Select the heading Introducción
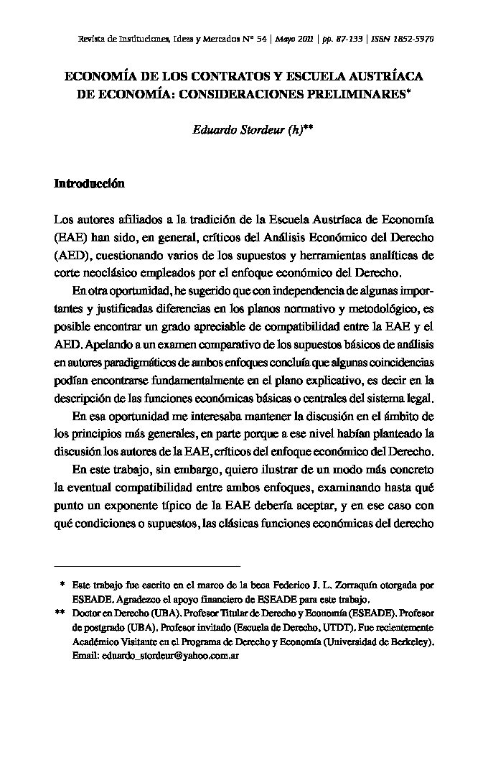[89, 184]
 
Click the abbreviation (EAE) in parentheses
[69, 236]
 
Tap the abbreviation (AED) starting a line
[70, 254]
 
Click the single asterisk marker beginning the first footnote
[63, 585]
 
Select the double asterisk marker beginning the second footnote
[60, 613]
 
